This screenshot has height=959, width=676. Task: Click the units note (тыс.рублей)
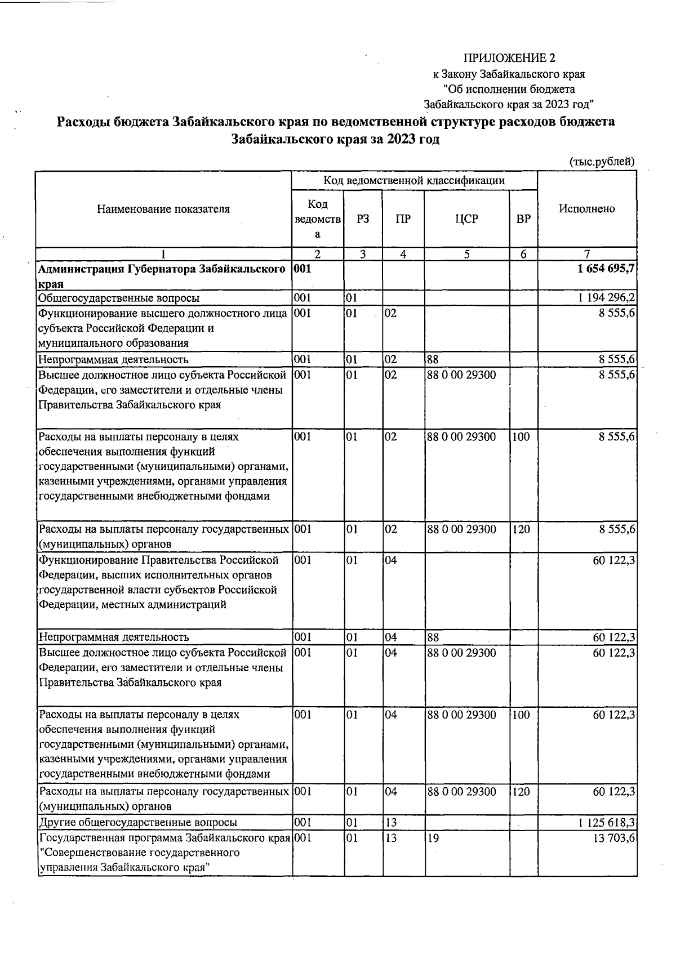tap(602, 162)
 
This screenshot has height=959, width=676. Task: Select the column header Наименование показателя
tap(163, 209)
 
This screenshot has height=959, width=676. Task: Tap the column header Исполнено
tap(587, 208)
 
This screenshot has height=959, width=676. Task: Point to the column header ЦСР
tap(466, 219)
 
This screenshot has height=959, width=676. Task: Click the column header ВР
tap(523, 219)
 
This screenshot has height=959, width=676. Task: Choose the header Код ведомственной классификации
tap(413, 180)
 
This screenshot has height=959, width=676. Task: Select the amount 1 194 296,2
tap(607, 298)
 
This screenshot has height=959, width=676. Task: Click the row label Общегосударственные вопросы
tap(118, 298)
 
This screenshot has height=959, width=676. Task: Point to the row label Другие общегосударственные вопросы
tap(137, 823)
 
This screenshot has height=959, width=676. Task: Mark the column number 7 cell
tap(587, 254)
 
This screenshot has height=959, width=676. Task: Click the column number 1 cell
tap(163, 254)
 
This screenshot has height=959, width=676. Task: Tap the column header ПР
tap(403, 219)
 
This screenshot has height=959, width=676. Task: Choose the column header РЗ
tap(363, 219)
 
